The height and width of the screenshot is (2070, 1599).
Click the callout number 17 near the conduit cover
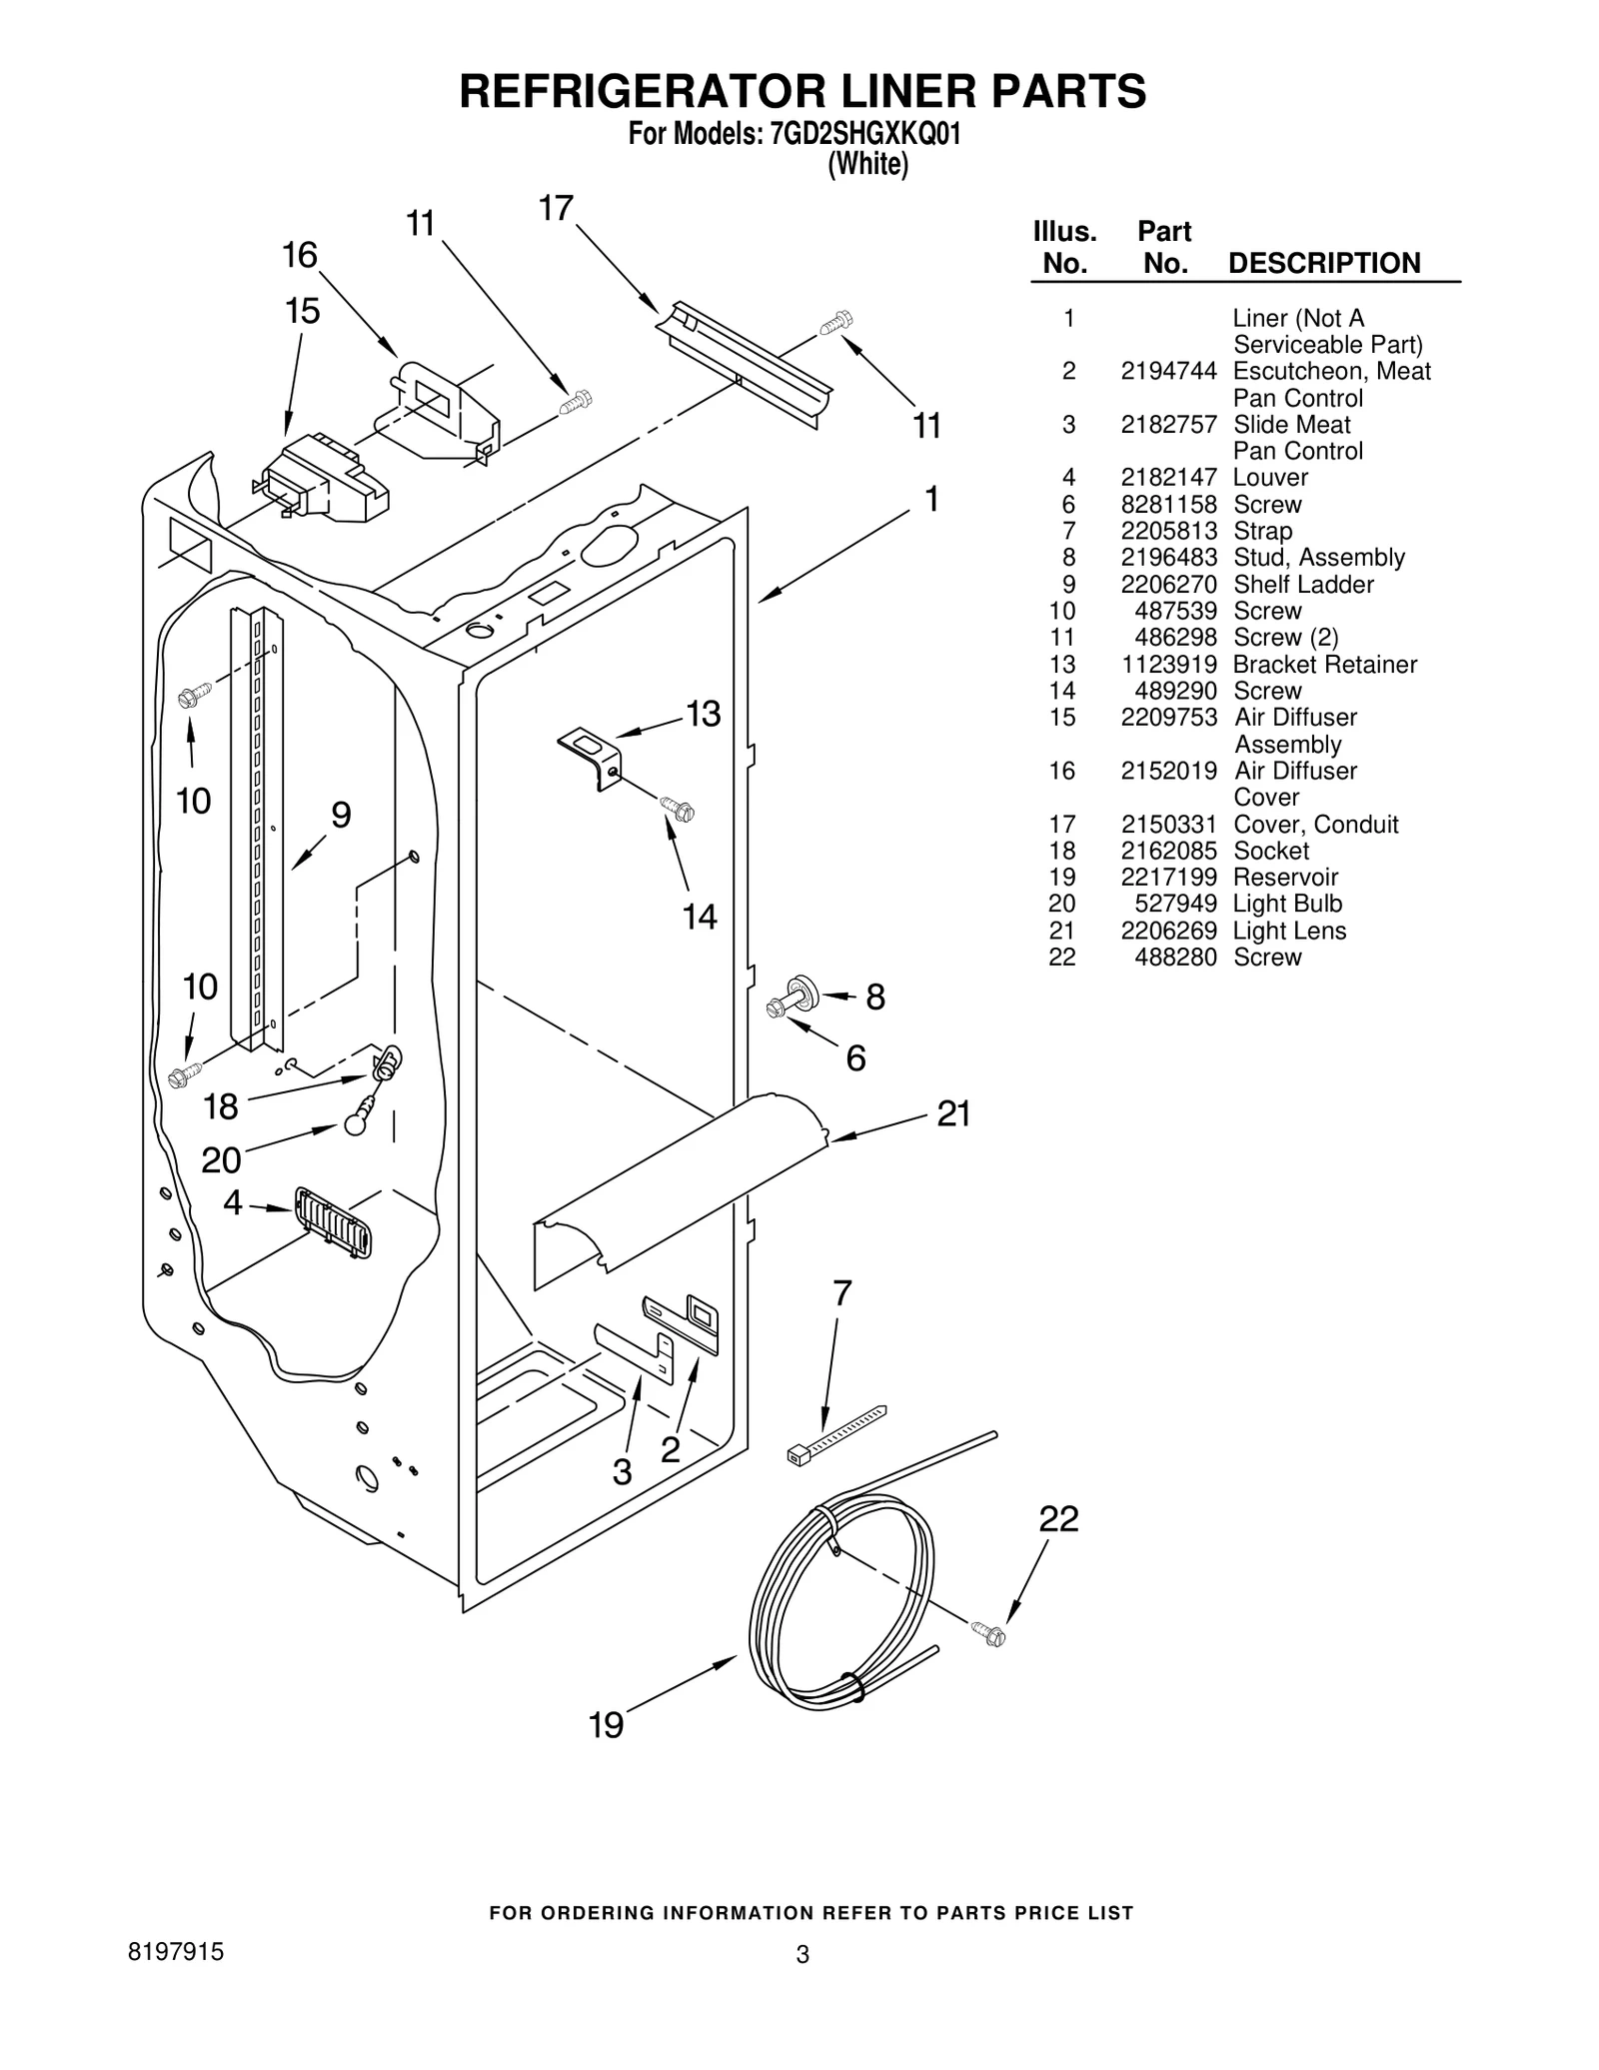(556, 209)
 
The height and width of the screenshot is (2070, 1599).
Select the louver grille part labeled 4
(334, 1221)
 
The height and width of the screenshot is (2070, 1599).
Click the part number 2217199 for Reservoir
(1168, 878)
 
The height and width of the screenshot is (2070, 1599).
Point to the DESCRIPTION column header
(1323, 264)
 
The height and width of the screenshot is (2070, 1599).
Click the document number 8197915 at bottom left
(175, 1952)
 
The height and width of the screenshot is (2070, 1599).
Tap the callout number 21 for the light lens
(953, 1113)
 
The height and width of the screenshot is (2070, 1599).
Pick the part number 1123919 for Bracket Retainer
(1168, 665)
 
